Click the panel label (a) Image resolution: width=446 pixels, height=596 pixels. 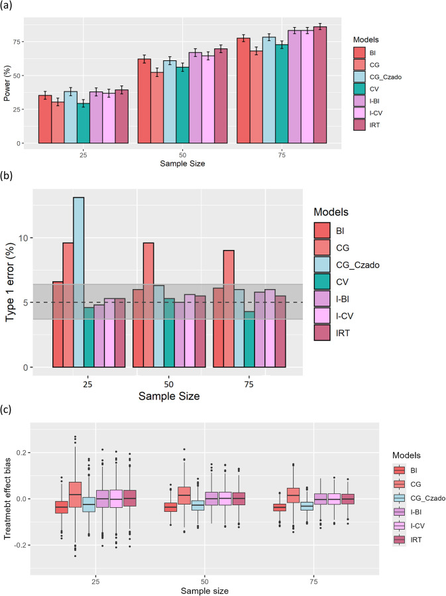pyautogui.click(x=9, y=7)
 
